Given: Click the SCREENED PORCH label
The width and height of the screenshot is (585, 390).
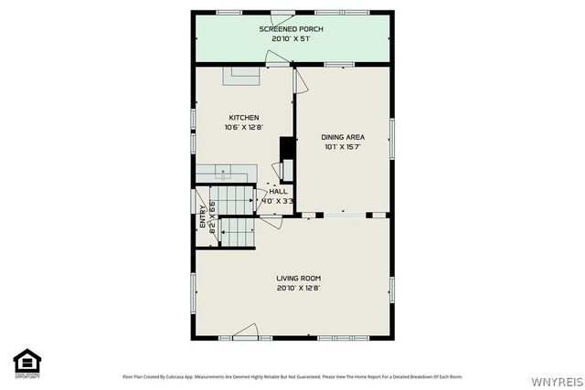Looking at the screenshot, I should (x=292, y=29).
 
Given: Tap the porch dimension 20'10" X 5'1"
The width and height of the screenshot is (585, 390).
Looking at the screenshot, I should (x=292, y=39).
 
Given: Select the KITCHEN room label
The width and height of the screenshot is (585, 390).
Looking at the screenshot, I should (x=244, y=118).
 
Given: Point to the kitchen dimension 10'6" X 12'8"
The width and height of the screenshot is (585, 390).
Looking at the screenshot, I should (x=244, y=128).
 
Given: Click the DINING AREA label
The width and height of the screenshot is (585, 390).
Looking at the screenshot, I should (x=343, y=137).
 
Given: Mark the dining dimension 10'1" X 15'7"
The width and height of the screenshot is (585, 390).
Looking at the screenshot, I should (x=343, y=147).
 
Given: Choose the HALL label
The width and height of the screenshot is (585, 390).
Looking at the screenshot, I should (x=278, y=191).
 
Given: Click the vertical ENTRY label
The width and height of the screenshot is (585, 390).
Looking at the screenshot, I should (x=203, y=216).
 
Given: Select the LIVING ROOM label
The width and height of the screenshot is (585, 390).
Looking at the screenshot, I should (x=299, y=279).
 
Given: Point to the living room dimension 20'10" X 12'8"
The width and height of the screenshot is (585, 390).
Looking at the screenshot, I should (x=299, y=289).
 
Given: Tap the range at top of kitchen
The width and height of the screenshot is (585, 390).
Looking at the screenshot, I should (x=243, y=77).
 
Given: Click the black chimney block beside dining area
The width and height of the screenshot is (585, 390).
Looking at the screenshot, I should (x=286, y=148).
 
